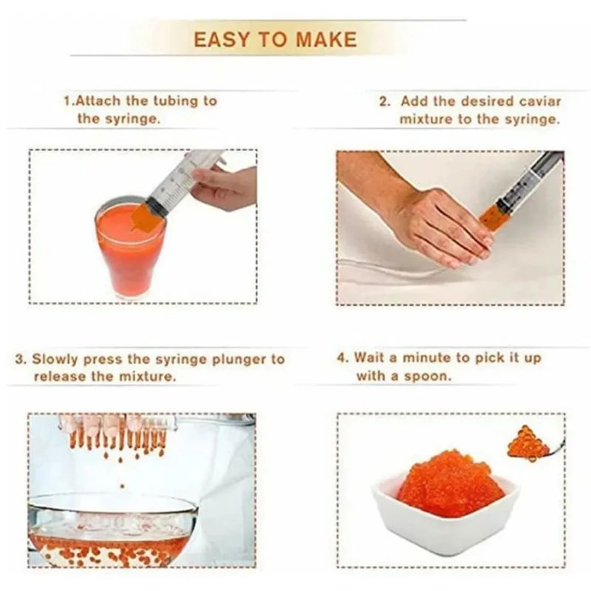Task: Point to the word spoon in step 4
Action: point(431,376)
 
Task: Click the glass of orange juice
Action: point(130,251)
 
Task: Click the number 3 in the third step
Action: point(20,360)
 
